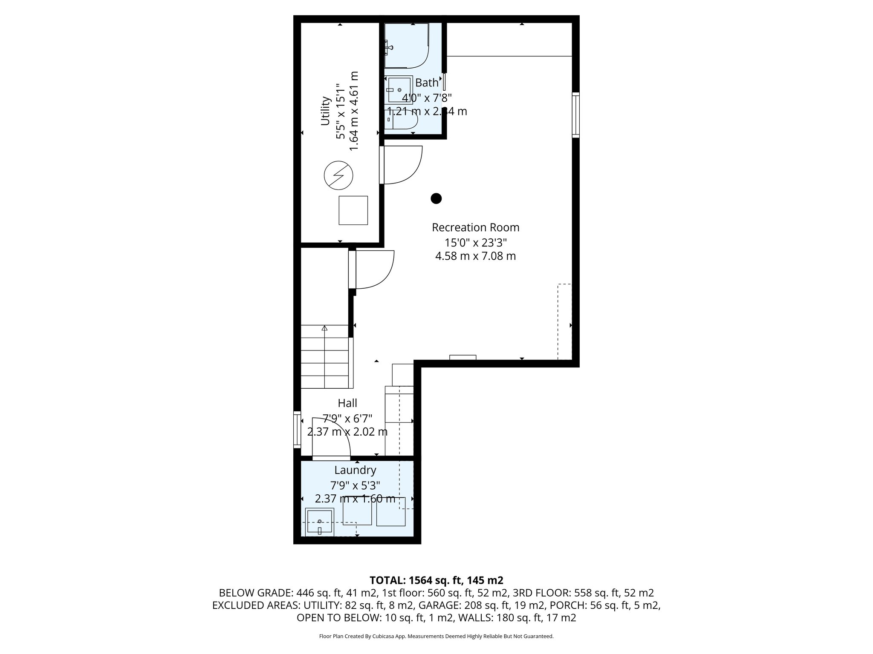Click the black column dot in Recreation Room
coord(436,198)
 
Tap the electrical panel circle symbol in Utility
coord(338,175)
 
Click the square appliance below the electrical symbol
coord(353,210)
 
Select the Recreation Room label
coord(475,227)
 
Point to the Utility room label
coord(325,111)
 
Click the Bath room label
coord(427,83)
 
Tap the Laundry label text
coord(355,470)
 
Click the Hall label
coord(347,403)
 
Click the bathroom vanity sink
coord(399,90)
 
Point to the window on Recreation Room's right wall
coord(575,115)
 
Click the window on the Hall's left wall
coord(297,429)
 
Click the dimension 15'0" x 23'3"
coord(475,243)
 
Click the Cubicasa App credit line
coord(436,637)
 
